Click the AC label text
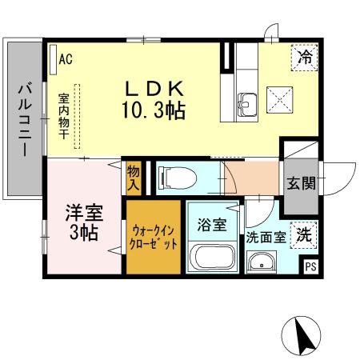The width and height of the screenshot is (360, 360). coord(66,58)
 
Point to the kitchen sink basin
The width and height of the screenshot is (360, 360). coord(246,102)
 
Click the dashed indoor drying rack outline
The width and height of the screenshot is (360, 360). coord(78,117)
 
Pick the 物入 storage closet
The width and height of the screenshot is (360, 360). coord(134,178)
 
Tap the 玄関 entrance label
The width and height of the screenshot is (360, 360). coord(302,182)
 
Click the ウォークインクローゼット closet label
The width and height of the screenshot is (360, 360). coord(154,238)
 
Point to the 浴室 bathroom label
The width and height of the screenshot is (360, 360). coord(212,224)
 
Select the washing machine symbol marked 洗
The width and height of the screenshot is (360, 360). coord(304,234)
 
